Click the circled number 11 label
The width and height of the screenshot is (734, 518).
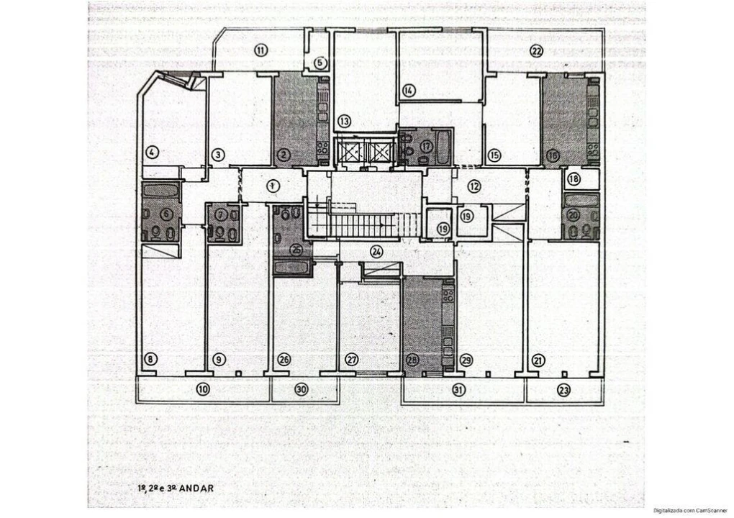click(261, 50)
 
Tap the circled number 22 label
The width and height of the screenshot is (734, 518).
click(536, 50)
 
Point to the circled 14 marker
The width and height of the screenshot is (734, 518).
click(409, 91)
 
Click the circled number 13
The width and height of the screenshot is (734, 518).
click(345, 121)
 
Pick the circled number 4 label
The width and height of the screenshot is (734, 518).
click(152, 152)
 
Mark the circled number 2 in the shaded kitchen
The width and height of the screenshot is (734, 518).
click(284, 153)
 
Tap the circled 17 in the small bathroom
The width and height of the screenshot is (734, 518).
click(427, 146)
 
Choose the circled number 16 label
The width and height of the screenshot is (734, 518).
click(553, 154)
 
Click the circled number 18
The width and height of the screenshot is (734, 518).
click(574, 179)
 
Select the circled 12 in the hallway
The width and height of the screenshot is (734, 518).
click(474, 186)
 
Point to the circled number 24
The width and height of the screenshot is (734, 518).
click(376, 251)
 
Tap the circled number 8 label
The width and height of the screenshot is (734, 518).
click(150, 359)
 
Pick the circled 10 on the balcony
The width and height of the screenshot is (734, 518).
click(203, 389)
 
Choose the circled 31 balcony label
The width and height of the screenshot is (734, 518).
click(458, 390)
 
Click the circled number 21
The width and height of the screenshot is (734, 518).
click(538, 360)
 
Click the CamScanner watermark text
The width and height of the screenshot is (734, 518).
click(691, 510)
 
